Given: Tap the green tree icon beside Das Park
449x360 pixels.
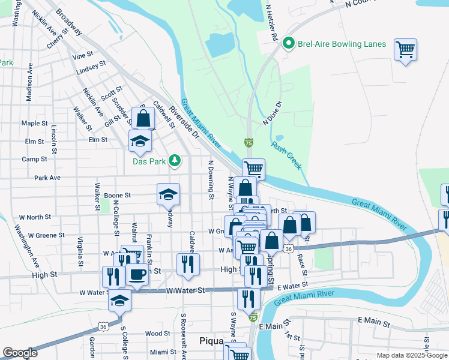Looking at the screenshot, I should coord(174,160).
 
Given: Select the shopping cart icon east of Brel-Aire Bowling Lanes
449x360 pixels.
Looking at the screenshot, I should coord(406,50).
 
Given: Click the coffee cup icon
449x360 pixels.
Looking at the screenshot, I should coord(137,275).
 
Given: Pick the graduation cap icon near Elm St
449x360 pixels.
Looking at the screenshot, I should coord(140,141).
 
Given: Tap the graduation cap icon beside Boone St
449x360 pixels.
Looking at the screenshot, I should coord(168,194).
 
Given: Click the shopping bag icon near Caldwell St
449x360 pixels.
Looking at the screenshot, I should coord(143,118).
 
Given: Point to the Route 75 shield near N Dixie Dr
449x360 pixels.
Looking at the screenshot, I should coord(249,143).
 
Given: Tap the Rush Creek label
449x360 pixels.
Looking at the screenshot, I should coord(285,154).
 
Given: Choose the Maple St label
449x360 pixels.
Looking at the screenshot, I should coord(34,123).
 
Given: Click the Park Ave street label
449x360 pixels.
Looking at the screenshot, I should coord(47,178).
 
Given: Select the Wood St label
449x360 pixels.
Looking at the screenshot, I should coord(157,333).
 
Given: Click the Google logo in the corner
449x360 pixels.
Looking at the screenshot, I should coord(20,353).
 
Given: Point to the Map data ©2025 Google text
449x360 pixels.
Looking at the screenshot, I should coord(411,355).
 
